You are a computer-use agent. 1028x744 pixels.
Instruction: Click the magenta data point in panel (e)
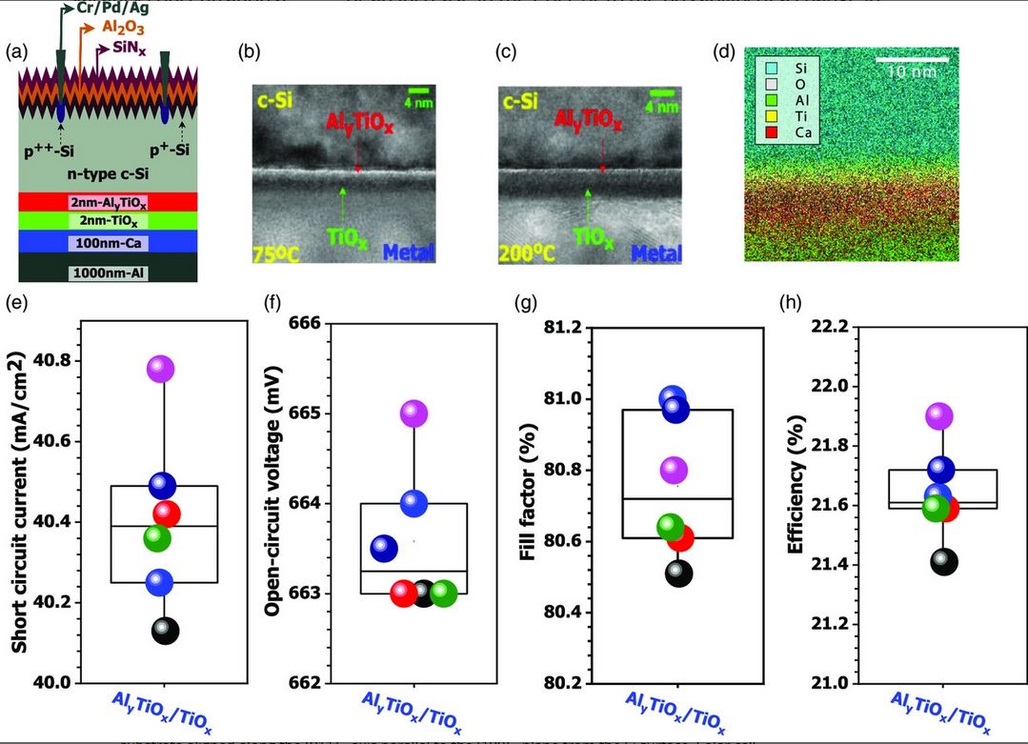tap(160, 369)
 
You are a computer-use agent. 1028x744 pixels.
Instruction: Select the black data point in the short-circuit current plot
tap(165, 630)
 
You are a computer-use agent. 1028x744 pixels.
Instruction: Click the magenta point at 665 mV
tap(414, 412)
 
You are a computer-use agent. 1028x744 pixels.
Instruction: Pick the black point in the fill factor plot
tap(679, 573)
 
